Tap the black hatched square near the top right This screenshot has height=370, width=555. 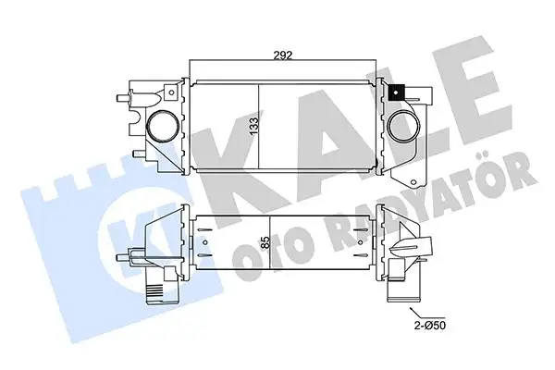398,92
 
